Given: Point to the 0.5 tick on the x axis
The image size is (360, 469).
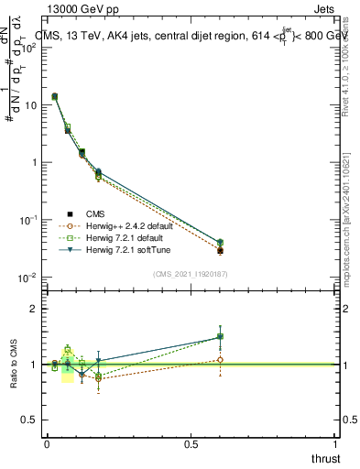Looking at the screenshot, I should coord(191,442).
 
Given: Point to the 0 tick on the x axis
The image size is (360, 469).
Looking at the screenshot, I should coord(47,442).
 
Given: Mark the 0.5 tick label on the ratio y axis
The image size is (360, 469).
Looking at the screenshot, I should coord(27,420).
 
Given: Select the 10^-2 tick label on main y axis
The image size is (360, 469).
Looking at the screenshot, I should coord(25,278).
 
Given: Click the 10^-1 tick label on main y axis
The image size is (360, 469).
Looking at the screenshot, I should coord(25,220).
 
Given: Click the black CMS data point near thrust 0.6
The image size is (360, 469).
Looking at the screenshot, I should coord(220,250).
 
